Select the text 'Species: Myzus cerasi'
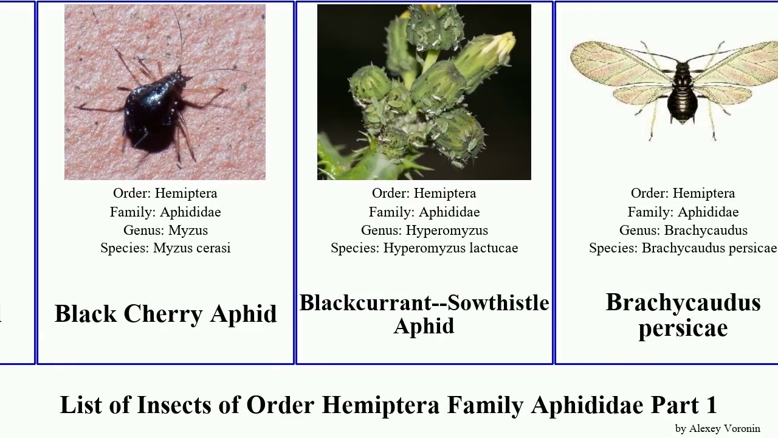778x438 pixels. [165, 248]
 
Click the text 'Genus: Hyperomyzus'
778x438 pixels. [424, 231]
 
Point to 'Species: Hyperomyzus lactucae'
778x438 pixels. [424, 248]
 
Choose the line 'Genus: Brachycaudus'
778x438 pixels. [683, 231]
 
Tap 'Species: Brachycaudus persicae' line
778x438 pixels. [683, 248]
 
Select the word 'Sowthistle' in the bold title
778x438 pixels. [498, 303]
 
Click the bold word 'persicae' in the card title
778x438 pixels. [683, 328]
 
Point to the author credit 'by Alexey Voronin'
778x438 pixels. [717, 428]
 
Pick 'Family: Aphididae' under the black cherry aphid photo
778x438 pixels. [165, 212]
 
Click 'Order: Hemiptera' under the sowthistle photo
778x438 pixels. [424, 193]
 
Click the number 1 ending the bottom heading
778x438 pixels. [711, 405]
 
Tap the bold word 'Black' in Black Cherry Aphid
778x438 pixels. [86, 314]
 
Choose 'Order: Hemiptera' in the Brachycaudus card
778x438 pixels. [683, 193]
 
